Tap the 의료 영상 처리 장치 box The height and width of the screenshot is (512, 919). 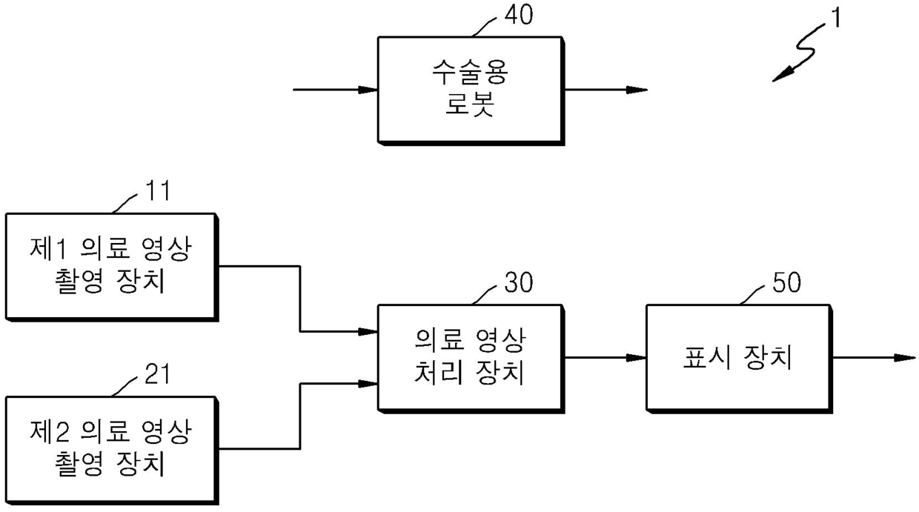point(470,358)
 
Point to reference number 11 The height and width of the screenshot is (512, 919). point(155,191)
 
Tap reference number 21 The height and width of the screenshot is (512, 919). point(155,374)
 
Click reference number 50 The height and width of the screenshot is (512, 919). point(786,284)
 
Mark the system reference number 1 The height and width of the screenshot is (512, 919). point(835,18)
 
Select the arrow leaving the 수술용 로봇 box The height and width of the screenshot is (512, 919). point(605,90)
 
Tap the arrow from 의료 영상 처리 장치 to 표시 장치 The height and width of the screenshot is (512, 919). point(605,358)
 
